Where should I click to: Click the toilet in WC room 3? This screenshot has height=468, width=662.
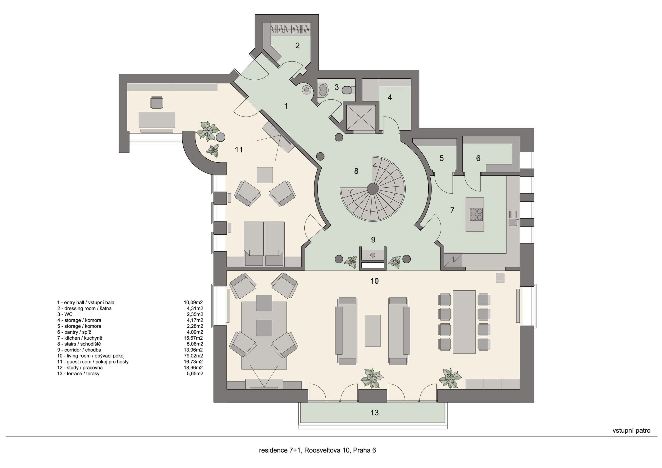pos(347,90)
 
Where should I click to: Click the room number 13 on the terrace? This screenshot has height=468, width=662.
pos(374,413)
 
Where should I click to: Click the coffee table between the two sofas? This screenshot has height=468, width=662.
pos(373,330)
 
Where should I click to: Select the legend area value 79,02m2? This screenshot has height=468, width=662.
pos(193,356)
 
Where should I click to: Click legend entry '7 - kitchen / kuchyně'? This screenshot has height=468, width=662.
pos(80,338)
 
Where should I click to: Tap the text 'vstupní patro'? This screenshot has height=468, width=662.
pos(631,439)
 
